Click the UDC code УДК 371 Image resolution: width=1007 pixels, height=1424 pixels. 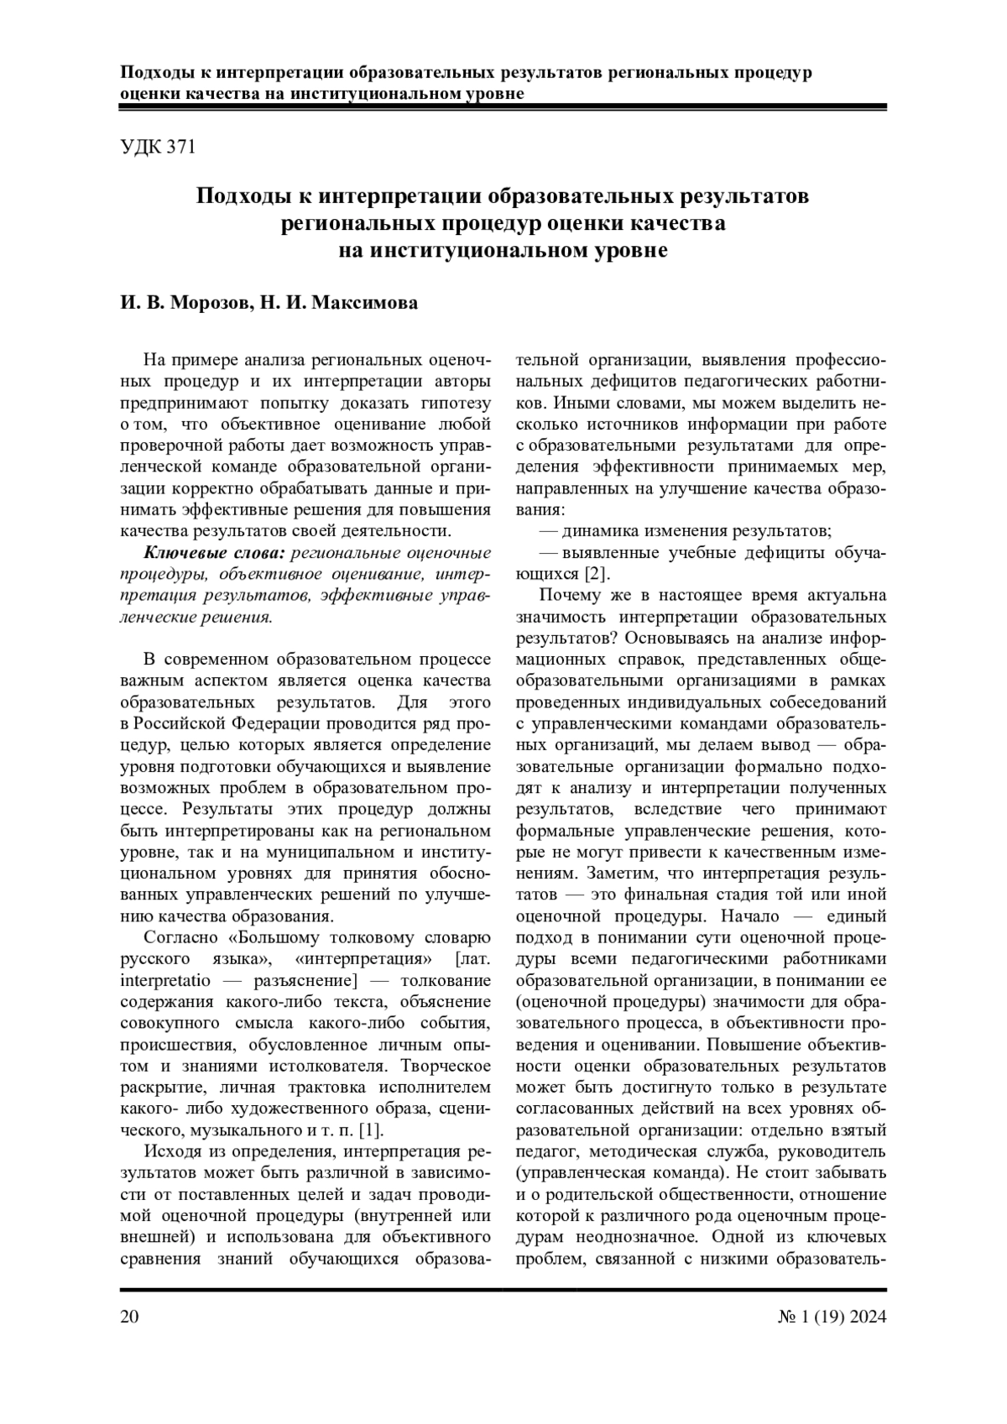pyautogui.click(x=158, y=147)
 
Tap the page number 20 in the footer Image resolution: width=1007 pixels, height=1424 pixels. pyautogui.click(x=130, y=1316)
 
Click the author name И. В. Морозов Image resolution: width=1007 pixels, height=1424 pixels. pyautogui.click(x=184, y=303)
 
